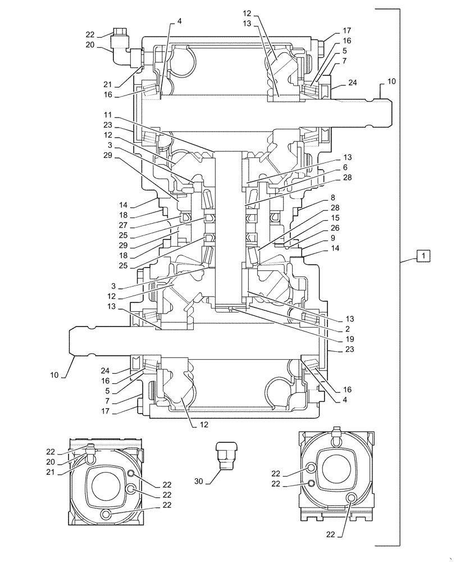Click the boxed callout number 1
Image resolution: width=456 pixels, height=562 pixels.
pyautogui.click(x=423, y=256)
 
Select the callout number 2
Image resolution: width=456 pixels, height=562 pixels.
pyautogui.click(x=333, y=328)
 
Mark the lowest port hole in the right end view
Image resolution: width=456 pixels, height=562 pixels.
pyautogui.click(x=352, y=497)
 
